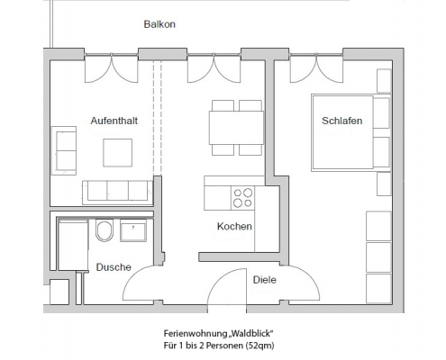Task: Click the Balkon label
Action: click(159, 24)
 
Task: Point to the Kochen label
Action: click(234, 227)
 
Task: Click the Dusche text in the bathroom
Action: click(114, 267)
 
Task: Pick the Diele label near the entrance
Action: click(264, 280)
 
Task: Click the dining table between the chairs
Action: click(236, 127)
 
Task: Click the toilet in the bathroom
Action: click(104, 231)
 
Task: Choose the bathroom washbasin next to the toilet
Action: click(134, 232)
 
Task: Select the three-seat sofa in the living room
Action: click(116, 191)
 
